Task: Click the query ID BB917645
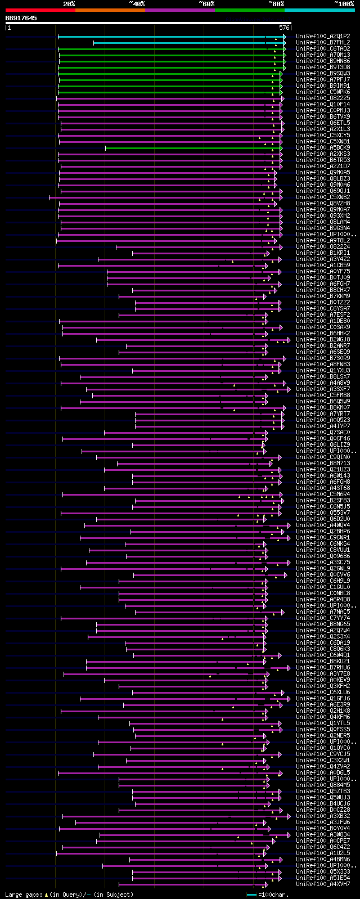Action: coord(21,18)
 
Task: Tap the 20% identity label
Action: coord(69,4)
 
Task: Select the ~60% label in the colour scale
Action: coord(206,4)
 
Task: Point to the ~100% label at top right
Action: coord(344,4)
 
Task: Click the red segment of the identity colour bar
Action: coord(40,10)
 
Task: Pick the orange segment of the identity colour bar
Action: coord(110,10)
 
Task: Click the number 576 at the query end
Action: coord(284,27)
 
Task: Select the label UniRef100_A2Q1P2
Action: coord(323,36)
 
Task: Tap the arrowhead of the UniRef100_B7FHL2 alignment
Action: coord(285,43)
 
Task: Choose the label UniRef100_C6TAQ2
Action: coord(323,48)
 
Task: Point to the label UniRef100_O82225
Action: coord(323,98)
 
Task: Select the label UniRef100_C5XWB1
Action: coord(323,141)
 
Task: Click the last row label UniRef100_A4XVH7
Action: coord(323,884)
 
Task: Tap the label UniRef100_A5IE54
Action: coord(323,878)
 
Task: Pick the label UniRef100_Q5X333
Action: coord(323,871)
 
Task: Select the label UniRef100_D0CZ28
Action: coord(323,810)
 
